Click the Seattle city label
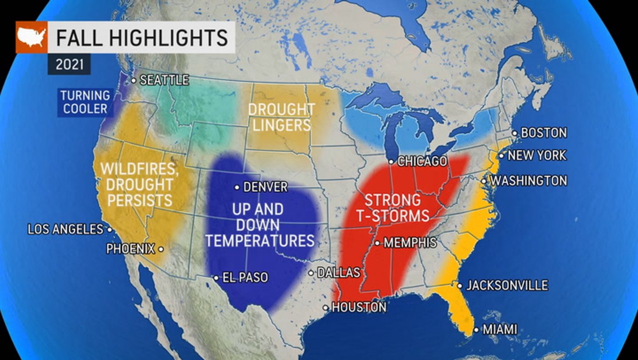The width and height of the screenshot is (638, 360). click(164, 80)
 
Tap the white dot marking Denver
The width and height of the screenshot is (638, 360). click(237, 187)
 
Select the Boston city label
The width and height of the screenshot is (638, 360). click(543, 133)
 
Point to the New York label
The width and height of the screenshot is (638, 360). click(536, 155)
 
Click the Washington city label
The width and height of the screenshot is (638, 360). click(528, 180)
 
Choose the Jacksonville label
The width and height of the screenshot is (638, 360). click(507, 285)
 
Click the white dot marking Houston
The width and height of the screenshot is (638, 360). click(326, 308)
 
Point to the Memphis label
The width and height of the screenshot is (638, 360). click(410, 243)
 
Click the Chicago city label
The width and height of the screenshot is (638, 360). click(421, 161)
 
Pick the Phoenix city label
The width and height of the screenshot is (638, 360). click(130, 248)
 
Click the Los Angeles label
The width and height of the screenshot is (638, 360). click(65, 229)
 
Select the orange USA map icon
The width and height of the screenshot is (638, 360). click(31, 37)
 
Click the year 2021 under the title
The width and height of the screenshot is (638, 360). click(69, 64)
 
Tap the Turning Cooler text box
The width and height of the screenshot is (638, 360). click(85, 102)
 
